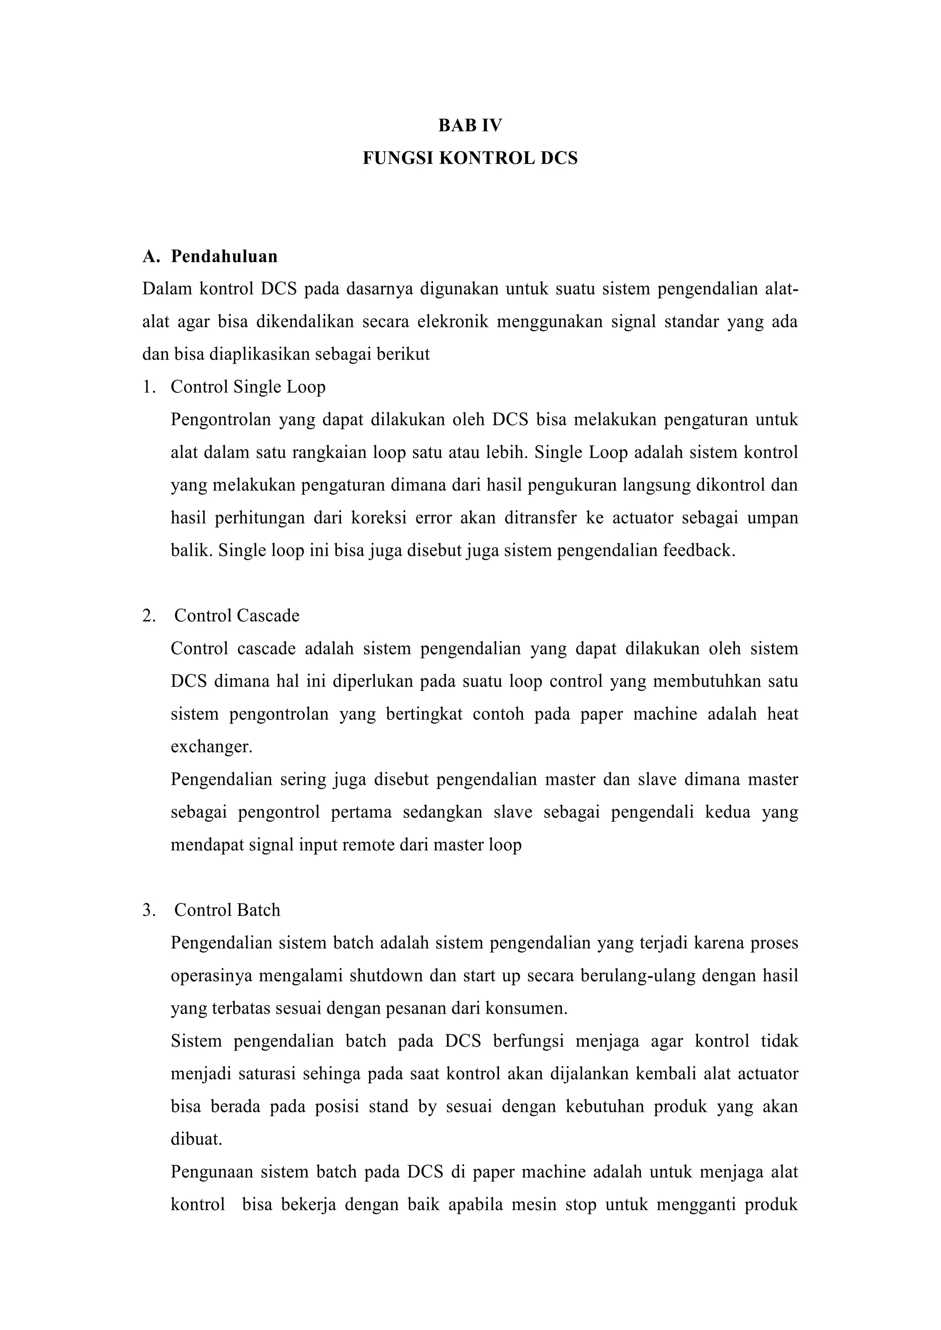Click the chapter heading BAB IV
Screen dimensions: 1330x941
tap(470, 126)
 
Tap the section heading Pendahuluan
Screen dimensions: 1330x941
tap(224, 256)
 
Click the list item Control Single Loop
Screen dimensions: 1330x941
tap(248, 387)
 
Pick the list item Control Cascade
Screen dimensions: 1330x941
tap(237, 615)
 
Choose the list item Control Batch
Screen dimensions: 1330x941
tap(227, 910)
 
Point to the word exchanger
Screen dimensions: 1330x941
tap(211, 747)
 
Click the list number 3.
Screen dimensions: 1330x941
tap(148, 910)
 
